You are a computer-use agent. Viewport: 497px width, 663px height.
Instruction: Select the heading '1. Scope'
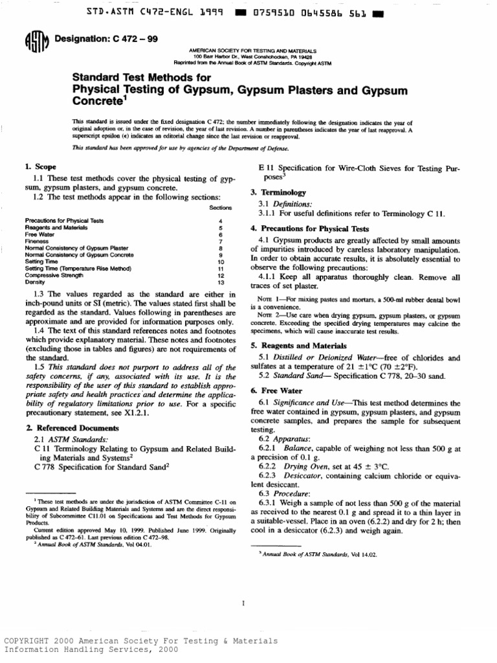tap(39, 167)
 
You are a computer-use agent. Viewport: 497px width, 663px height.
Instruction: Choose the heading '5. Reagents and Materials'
tap(293, 346)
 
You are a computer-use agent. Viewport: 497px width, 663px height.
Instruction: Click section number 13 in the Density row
tap(221, 283)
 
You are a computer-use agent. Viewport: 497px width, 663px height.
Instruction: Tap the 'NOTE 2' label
tap(262, 316)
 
